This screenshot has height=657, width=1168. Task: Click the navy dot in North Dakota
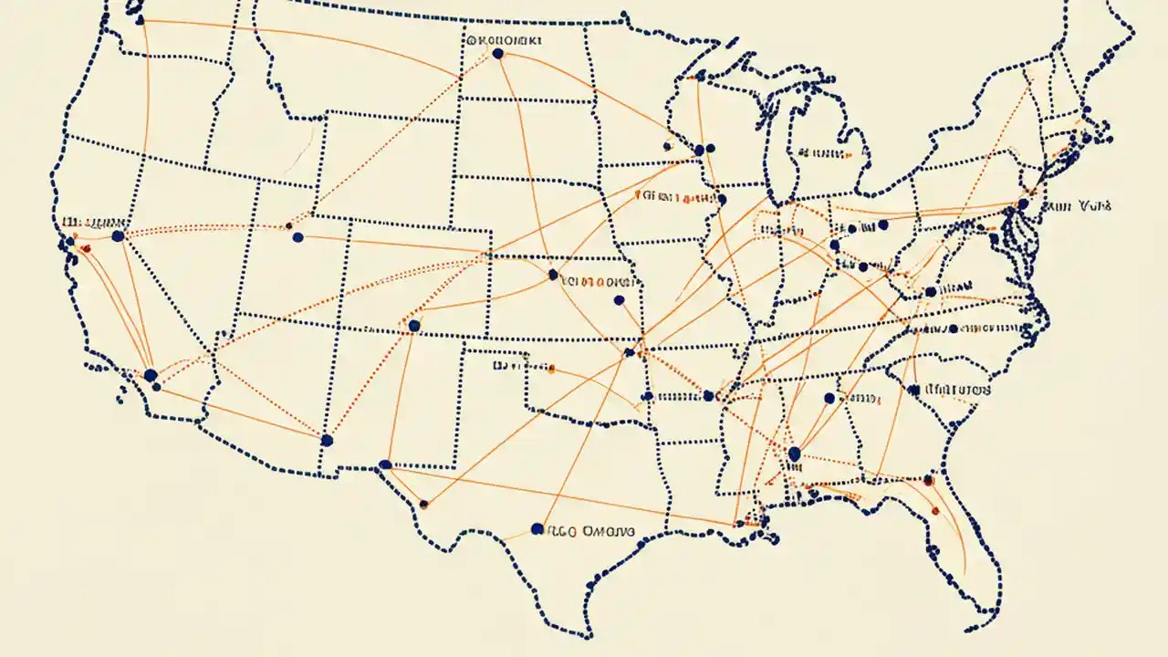point(497,54)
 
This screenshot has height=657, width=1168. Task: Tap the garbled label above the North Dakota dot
point(503,40)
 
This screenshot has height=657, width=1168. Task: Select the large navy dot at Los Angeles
point(151,375)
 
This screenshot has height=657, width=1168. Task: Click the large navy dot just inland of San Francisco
point(117,236)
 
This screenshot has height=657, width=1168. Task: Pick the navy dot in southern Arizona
point(327,441)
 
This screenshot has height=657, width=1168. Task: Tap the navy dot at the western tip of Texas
point(385,464)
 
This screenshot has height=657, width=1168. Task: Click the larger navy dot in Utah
point(297,237)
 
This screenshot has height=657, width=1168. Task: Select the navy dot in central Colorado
point(413,326)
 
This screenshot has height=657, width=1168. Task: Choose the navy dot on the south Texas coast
point(537,528)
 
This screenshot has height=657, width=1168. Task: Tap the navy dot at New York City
point(1023,204)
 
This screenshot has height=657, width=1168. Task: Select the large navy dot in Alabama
point(793,454)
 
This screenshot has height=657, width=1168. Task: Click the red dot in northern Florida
point(928,479)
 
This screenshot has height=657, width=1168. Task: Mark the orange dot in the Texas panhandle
point(551,370)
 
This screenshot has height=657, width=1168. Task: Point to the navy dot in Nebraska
point(552,274)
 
